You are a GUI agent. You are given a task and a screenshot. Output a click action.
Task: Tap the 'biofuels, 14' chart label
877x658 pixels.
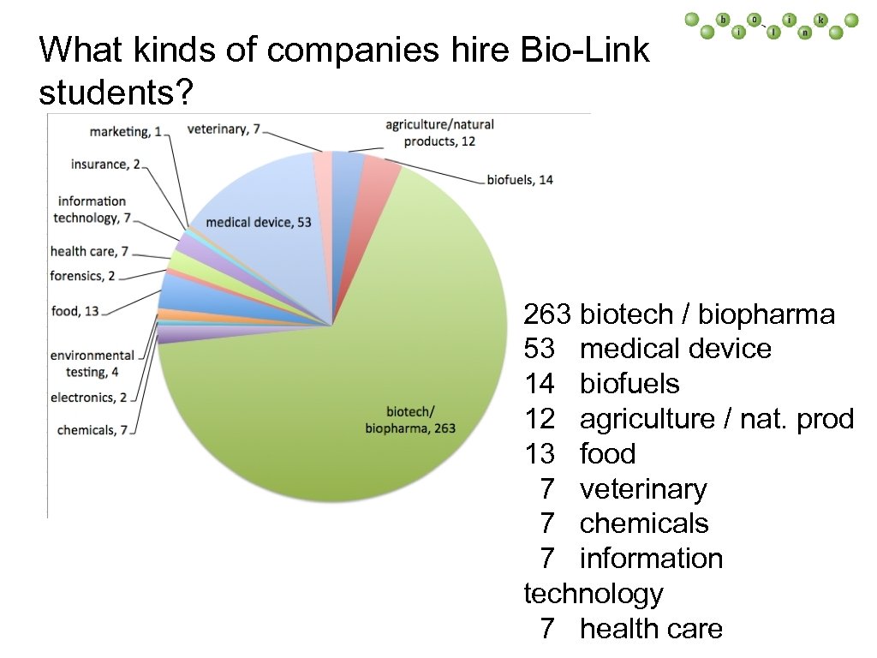(520, 180)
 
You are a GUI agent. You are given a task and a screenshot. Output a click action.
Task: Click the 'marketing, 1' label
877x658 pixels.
(126, 131)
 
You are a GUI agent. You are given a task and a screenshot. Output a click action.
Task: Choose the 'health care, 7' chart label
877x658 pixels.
(89, 251)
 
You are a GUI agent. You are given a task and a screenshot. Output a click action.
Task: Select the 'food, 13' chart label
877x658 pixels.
(75, 311)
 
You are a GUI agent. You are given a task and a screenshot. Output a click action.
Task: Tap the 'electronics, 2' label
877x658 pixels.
(88, 398)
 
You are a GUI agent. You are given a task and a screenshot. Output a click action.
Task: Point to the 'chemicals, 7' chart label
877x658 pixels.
(92, 429)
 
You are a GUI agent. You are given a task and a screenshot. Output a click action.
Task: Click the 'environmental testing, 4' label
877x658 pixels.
(92, 363)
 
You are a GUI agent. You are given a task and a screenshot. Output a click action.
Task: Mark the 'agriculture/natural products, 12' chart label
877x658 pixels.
(439, 133)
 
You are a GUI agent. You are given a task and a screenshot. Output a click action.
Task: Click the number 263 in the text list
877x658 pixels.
(547, 314)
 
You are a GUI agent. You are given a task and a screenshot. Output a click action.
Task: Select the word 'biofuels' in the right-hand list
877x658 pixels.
(629, 384)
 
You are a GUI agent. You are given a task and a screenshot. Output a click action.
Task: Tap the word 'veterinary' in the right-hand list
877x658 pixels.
(643, 489)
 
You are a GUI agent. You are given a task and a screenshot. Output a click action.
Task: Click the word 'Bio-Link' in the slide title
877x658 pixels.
(584, 51)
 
